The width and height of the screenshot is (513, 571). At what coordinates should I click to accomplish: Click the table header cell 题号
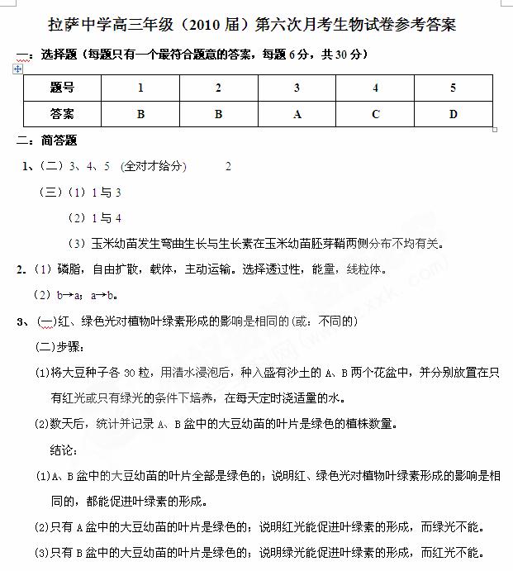pos(62,88)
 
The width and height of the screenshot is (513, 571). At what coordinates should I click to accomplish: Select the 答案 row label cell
pos(62,114)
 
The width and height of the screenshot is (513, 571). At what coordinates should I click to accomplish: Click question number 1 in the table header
pos(140,88)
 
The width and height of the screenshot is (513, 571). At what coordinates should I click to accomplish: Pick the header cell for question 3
pos(297,88)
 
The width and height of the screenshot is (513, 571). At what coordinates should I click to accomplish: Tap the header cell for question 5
pos(453,88)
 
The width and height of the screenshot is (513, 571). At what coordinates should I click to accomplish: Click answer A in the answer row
pos(297,114)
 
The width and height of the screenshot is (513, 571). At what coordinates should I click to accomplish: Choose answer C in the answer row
pos(376,114)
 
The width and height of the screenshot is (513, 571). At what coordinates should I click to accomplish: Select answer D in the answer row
pos(453,114)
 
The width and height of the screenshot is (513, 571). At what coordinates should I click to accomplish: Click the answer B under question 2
pos(218,114)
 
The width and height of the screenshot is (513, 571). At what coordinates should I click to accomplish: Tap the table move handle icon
pos(18,69)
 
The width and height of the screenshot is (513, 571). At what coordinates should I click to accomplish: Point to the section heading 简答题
pos(59,140)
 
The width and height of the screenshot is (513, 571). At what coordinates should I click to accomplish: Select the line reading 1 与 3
pos(107,193)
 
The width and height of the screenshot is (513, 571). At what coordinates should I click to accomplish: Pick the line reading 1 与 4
pos(107,218)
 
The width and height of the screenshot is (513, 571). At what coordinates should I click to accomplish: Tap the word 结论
pos(64,450)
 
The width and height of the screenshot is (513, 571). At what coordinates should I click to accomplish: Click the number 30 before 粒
pos(129,373)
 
